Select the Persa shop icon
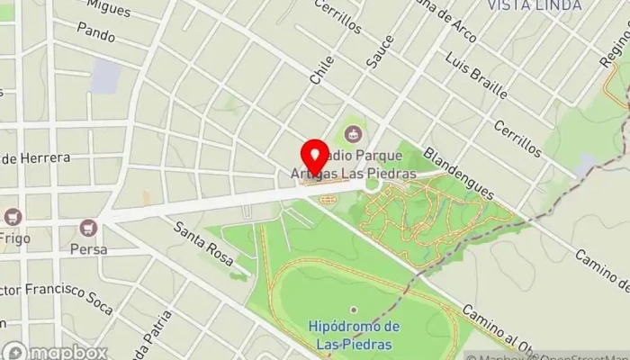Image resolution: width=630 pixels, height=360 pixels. (87, 229)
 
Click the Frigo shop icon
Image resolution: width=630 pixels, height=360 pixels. (13, 217)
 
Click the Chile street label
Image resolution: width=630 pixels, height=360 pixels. (321, 70)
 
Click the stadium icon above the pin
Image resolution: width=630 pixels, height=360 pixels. (351, 136)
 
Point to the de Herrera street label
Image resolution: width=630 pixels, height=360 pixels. (36, 158)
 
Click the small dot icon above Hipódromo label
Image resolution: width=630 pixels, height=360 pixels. (354, 309)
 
